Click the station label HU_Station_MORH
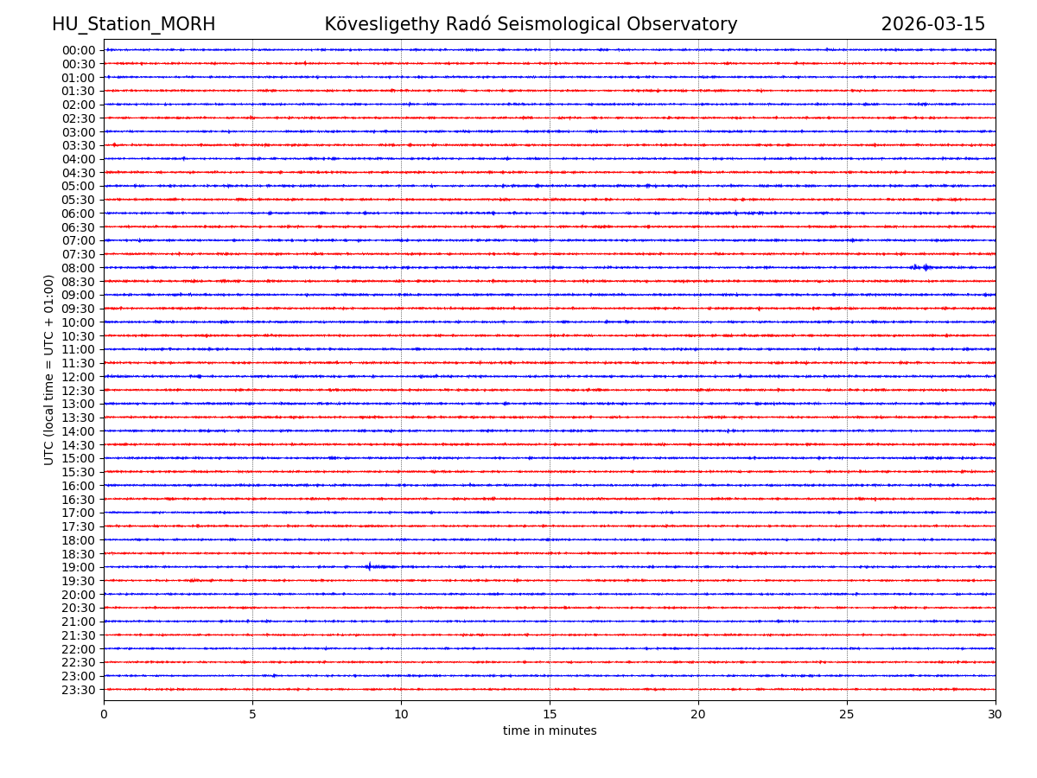(x=133, y=24)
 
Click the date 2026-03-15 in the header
(x=932, y=24)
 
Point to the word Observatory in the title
(x=688, y=24)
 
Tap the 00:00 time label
(x=79, y=50)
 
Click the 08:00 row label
(x=79, y=268)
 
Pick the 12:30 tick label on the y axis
(x=79, y=391)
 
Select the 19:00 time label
(x=79, y=567)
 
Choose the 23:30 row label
(x=79, y=690)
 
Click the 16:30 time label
(x=79, y=500)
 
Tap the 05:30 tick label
(x=79, y=200)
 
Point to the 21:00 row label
(x=79, y=622)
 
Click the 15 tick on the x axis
(x=550, y=715)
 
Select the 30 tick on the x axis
(x=996, y=715)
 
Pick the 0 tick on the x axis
(x=104, y=715)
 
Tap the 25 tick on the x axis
(x=847, y=715)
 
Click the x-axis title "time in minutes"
(x=550, y=731)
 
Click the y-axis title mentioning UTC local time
(x=49, y=369)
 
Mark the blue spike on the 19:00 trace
(x=369, y=567)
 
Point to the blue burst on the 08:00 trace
(x=923, y=268)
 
